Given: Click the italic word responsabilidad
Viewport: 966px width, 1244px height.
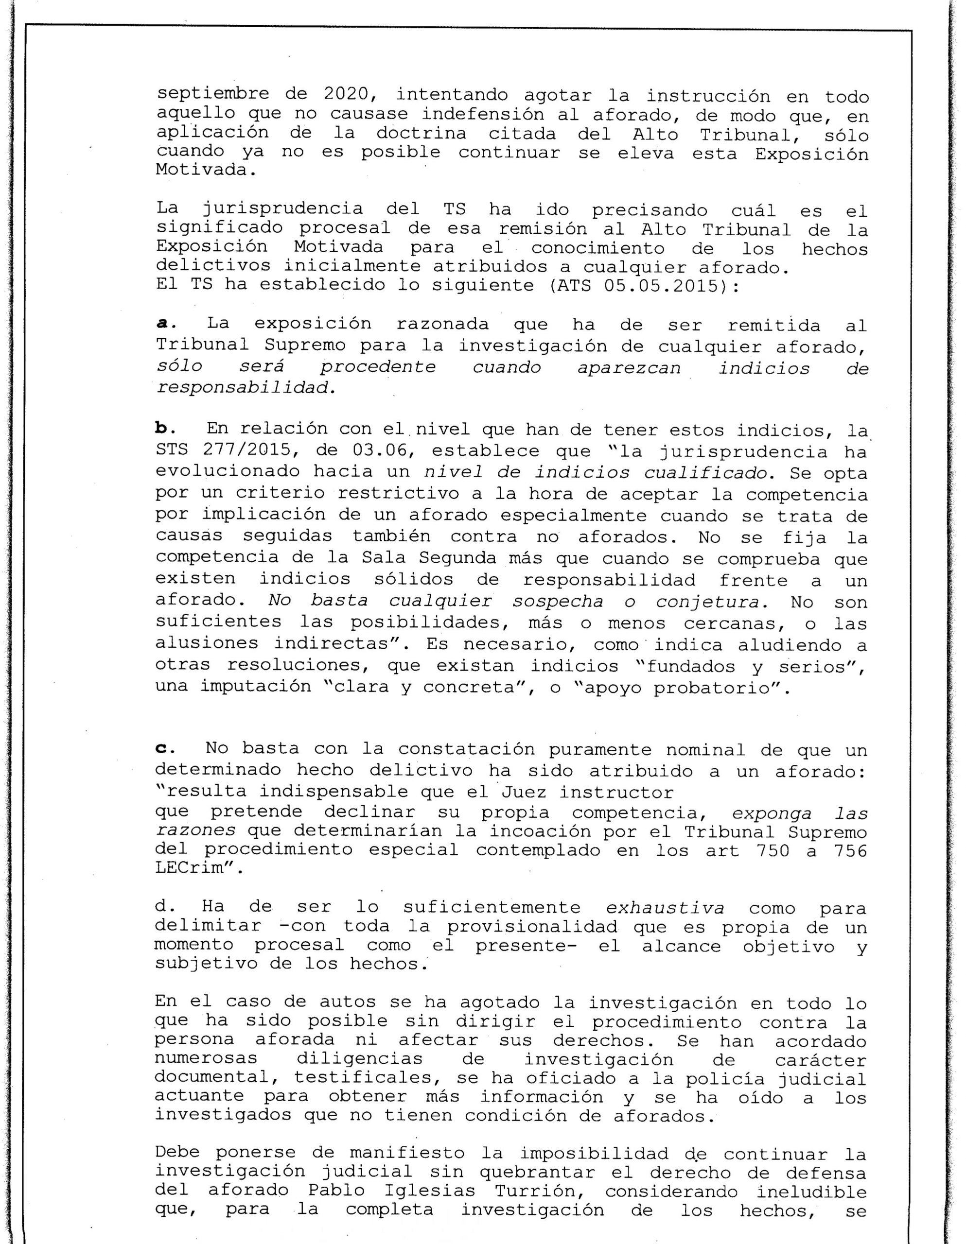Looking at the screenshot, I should [243, 388].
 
